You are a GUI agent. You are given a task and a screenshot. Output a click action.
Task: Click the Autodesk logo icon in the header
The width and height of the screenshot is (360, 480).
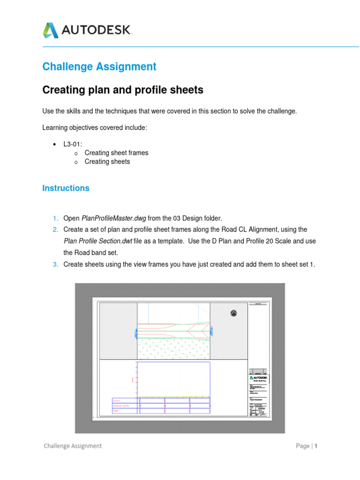(51, 30)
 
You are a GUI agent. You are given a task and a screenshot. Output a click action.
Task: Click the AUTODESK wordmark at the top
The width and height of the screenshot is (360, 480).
(97, 30)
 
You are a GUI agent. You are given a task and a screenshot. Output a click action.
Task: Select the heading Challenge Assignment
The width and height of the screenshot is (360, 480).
(99, 67)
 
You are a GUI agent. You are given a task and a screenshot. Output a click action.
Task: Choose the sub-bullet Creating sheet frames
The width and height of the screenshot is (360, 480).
(116, 153)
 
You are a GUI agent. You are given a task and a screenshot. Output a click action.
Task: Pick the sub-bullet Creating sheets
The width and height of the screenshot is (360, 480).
(107, 162)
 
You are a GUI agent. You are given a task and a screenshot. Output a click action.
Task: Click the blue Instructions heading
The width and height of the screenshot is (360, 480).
(66, 188)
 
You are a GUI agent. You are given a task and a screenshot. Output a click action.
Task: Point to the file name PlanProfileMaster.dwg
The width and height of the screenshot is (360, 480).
(114, 218)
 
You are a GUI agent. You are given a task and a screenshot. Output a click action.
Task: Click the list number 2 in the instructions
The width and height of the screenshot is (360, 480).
(55, 229)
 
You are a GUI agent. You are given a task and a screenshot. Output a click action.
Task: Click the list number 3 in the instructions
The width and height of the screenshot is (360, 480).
(55, 264)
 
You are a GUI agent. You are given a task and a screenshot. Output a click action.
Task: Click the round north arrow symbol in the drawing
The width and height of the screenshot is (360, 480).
(234, 313)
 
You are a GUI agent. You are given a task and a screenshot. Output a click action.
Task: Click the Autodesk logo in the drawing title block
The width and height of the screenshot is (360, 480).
(259, 377)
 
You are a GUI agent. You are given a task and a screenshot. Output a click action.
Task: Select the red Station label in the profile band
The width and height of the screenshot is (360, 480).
(117, 400)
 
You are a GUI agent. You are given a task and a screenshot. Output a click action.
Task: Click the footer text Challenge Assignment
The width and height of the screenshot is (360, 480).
(73, 446)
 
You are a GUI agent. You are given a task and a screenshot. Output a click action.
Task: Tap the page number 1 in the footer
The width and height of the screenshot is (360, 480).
(316, 446)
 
